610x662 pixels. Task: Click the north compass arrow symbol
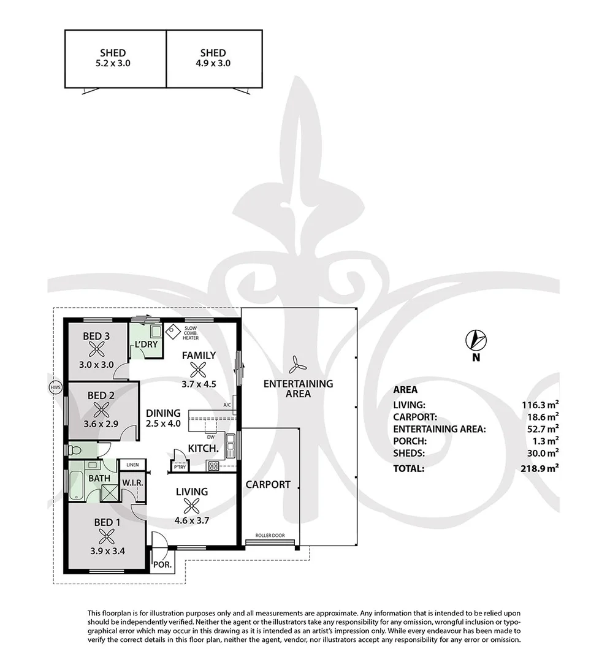(x=476, y=340)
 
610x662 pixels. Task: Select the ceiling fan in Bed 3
(x=97, y=349)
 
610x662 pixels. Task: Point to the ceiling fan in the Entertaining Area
(x=295, y=365)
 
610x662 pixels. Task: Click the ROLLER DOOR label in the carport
(x=270, y=535)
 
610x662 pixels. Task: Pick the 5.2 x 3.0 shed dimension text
(x=113, y=63)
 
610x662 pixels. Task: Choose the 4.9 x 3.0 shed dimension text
(x=213, y=63)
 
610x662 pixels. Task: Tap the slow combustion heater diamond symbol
(x=173, y=332)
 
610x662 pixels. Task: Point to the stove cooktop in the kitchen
(x=213, y=466)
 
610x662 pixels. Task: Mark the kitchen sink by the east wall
(x=231, y=446)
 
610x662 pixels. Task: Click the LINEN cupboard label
(x=132, y=465)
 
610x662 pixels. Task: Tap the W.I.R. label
(x=133, y=482)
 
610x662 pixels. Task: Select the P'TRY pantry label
(x=180, y=467)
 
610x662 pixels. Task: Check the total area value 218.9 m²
(x=540, y=468)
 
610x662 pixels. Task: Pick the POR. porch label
(x=162, y=565)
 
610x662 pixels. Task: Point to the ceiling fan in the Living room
(x=192, y=506)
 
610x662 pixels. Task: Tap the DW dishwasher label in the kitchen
(x=211, y=437)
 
